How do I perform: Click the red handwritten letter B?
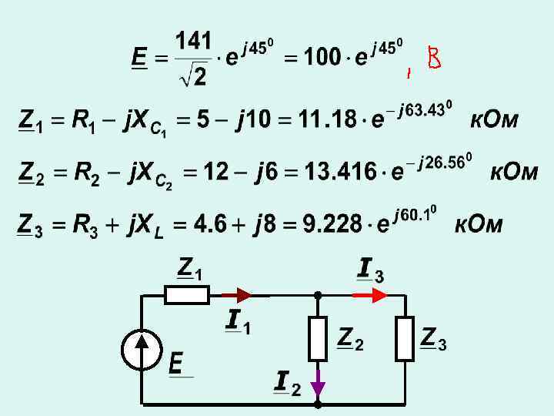435,59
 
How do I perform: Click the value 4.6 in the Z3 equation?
210,224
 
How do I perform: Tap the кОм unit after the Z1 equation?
494,120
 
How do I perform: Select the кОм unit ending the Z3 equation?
479,224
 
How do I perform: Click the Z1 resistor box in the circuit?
186,294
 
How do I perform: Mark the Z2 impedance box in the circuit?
318,338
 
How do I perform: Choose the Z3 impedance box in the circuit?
405,338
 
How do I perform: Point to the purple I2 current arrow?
318,383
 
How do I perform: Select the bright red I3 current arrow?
369,294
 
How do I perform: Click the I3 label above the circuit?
371,270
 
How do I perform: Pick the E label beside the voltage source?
176,362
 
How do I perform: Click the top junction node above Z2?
318,294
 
